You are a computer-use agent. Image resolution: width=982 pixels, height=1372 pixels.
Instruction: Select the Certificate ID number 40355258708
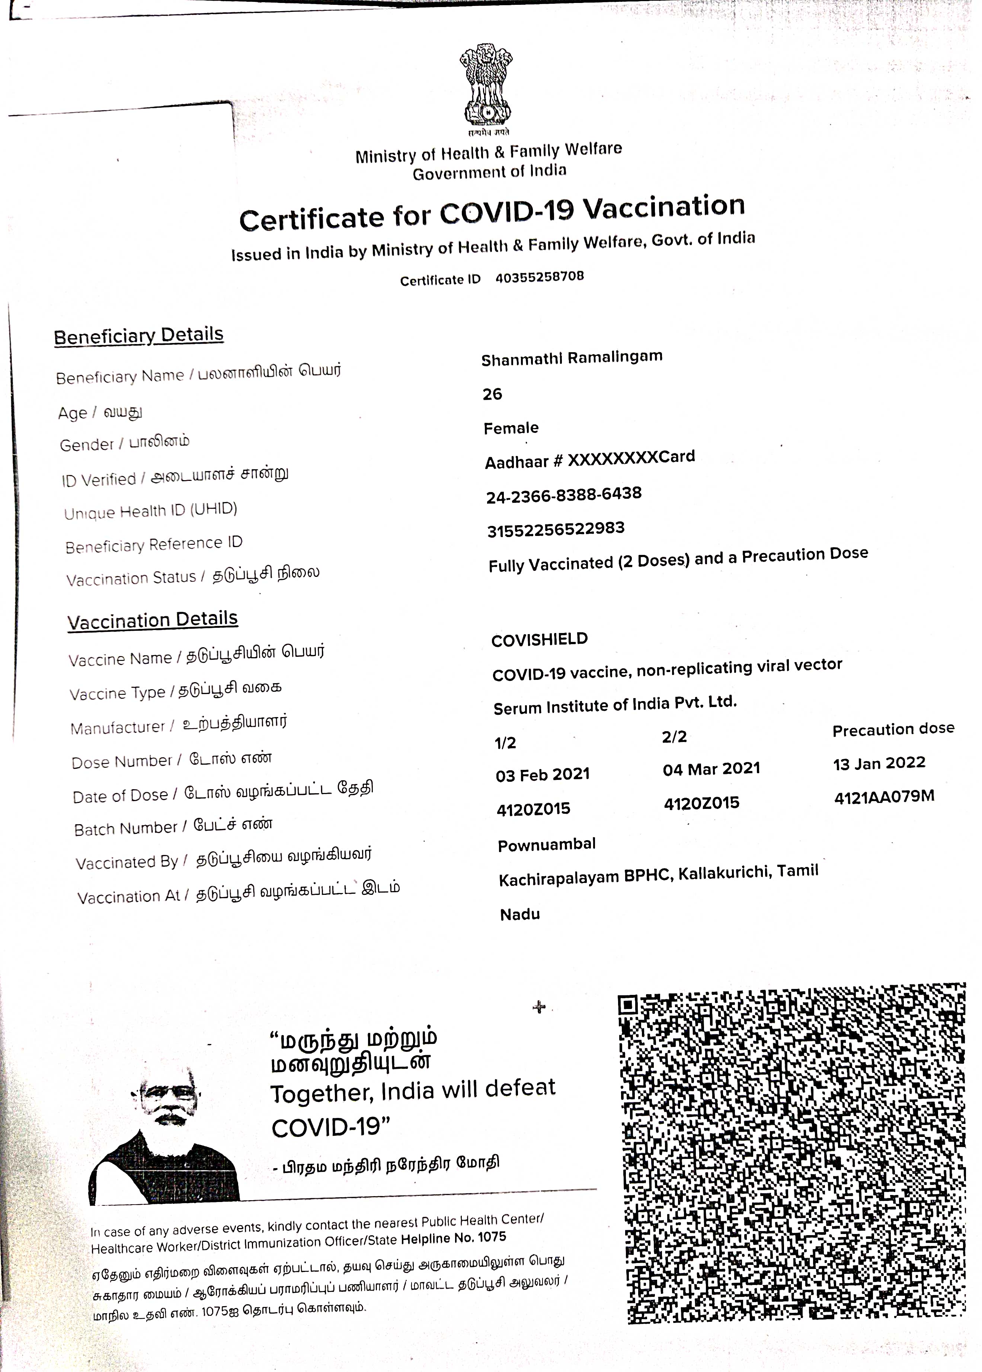(x=540, y=277)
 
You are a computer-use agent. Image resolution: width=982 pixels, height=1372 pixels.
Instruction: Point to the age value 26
(x=492, y=394)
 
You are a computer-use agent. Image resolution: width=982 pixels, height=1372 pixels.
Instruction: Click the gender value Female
(x=511, y=428)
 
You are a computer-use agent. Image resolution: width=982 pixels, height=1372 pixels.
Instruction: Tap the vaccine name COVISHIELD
(x=540, y=639)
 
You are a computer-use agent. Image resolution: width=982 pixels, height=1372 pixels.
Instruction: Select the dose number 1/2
(x=505, y=743)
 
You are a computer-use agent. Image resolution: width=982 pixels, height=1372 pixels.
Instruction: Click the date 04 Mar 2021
(x=711, y=769)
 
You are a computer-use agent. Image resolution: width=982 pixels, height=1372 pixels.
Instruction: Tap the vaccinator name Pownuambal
(x=547, y=844)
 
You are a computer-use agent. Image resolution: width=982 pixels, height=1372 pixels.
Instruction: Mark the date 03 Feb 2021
(x=543, y=775)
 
